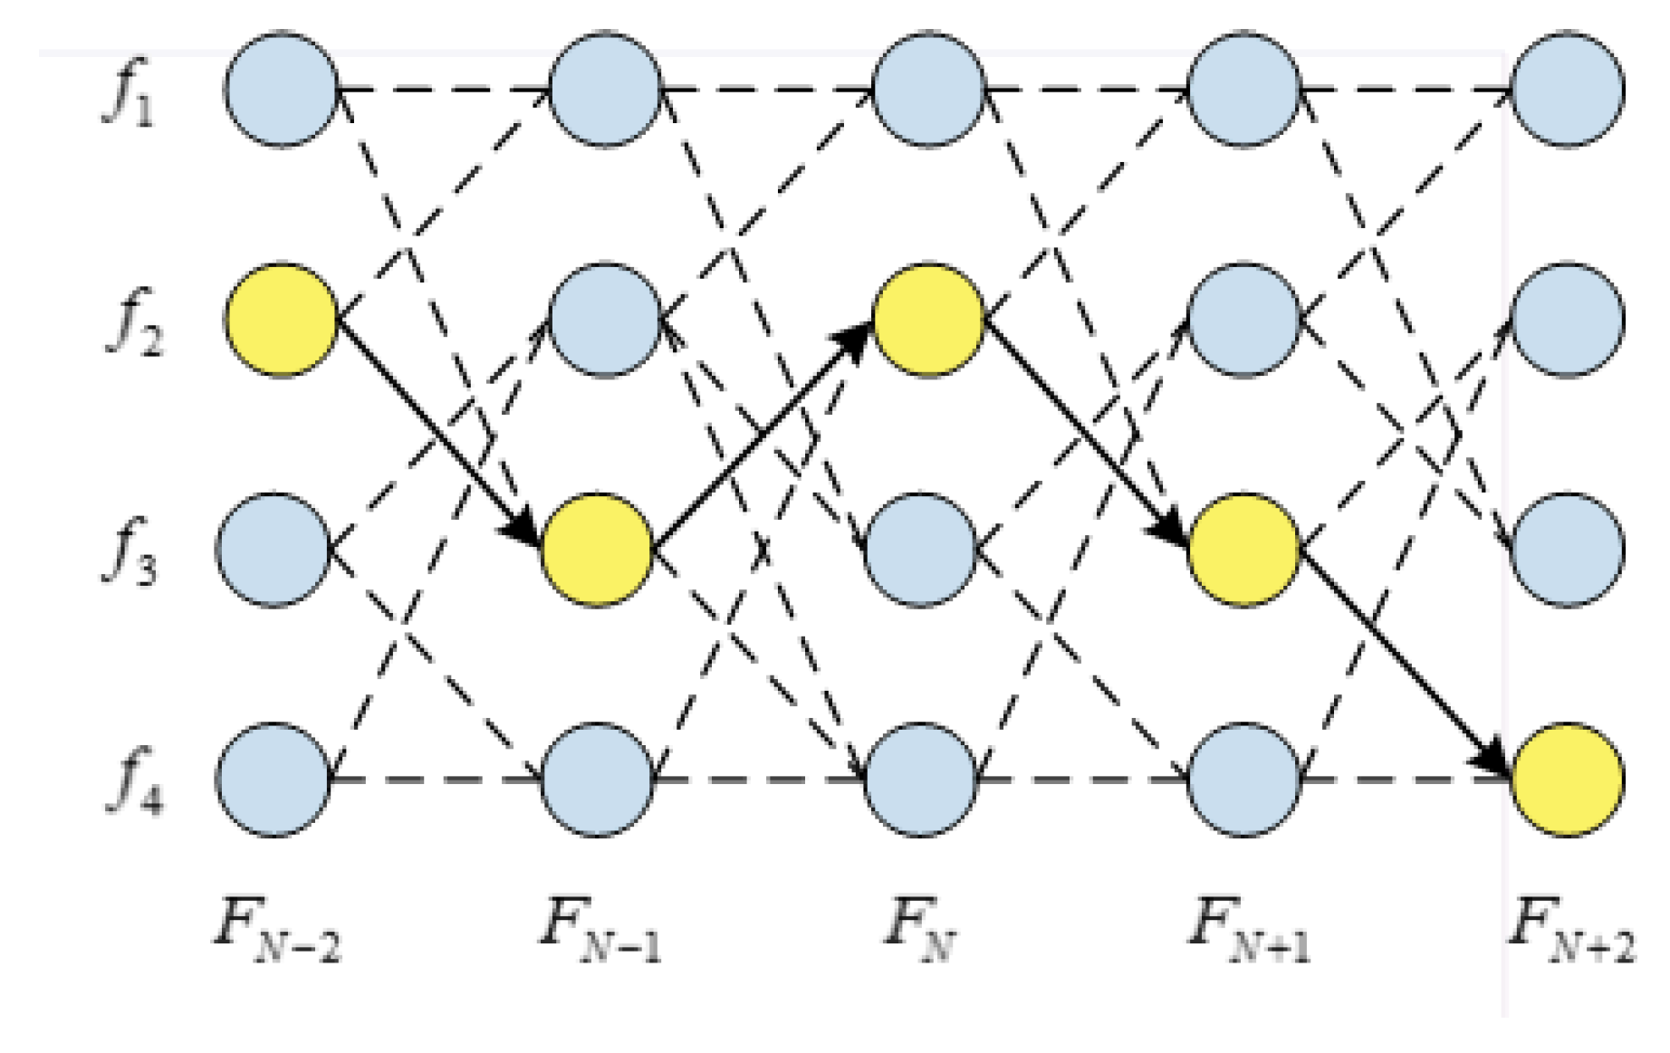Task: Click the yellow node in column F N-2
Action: [282, 320]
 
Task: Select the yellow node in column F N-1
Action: [598, 549]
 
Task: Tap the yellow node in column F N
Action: [927, 320]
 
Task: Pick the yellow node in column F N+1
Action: [1243, 549]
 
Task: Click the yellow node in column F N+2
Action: [1568, 779]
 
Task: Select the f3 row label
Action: [130, 551]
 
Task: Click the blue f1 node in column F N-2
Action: [282, 89]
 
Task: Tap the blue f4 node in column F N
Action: [921, 779]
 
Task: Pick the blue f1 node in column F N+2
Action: [1568, 89]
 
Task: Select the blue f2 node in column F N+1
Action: [1243, 320]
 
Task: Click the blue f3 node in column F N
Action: [921, 549]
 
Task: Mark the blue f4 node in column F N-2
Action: [274, 779]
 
